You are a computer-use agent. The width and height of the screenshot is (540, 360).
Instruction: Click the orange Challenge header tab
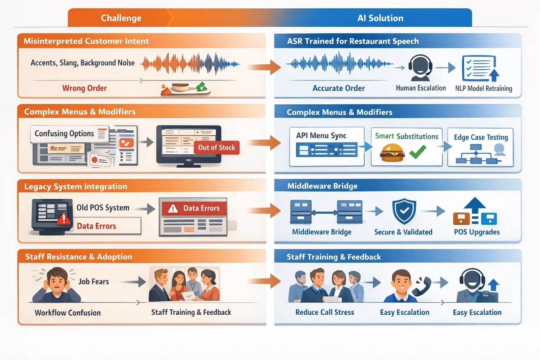[x=121, y=18]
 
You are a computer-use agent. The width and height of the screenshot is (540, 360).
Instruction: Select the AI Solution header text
[x=380, y=18]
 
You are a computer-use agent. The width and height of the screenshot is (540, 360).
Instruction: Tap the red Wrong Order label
[x=84, y=88]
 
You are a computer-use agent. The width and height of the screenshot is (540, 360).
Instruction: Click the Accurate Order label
[x=339, y=88]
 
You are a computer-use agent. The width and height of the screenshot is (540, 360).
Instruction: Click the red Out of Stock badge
[x=217, y=148]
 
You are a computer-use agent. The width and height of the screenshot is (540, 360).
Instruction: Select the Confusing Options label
[x=64, y=134]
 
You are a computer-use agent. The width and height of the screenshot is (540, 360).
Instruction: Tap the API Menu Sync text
[x=321, y=136]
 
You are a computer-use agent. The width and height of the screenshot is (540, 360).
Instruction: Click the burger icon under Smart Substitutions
[x=392, y=153]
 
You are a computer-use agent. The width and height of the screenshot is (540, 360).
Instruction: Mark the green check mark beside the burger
[x=418, y=152]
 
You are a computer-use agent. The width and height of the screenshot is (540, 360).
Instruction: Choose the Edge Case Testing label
[x=481, y=137]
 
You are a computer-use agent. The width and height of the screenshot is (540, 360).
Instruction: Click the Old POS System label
[x=103, y=208]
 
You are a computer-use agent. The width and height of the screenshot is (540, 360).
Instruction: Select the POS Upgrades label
[x=477, y=232]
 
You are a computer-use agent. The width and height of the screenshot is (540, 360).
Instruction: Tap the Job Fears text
[x=94, y=282]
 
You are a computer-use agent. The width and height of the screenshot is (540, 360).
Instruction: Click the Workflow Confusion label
[x=67, y=313]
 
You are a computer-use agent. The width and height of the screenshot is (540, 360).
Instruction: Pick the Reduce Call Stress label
[x=324, y=312]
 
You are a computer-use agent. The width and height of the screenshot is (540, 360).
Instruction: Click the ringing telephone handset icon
[x=423, y=285]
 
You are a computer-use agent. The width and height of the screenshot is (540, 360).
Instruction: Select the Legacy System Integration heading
[x=76, y=186]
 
